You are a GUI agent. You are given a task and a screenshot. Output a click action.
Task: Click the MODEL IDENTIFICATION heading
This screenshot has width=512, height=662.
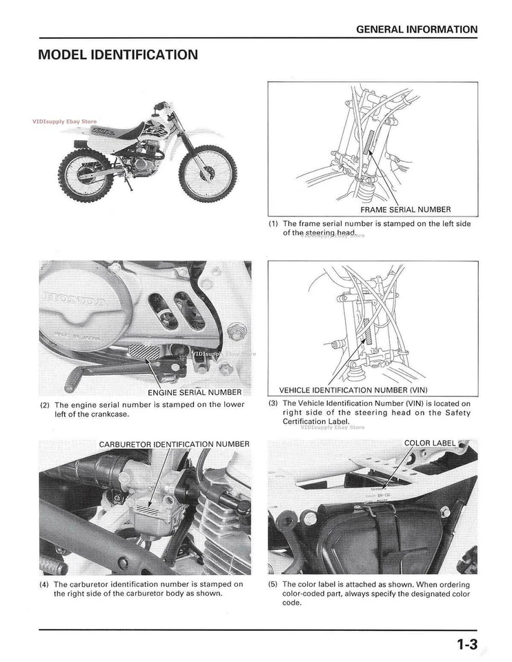pyautogui.click(x=118, y=54)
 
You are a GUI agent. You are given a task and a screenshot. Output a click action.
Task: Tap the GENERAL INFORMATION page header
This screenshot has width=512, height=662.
pyautogui.click(x=416, y=30)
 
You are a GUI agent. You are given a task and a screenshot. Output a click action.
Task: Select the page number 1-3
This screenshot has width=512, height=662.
pyautogui.click(x=466, y=645)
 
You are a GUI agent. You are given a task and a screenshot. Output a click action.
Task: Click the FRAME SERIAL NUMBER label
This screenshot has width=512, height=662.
pyautogui.click(x=405, y=209)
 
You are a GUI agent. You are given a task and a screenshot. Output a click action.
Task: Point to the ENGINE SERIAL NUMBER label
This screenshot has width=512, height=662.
pyautogui.click(x=195, y=392)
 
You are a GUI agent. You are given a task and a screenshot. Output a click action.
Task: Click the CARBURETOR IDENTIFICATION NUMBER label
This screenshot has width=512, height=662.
pyautogui.click(x=174, y=443)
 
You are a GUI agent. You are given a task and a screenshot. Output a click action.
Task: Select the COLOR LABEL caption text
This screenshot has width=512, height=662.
pyautogui.click(x=430, y=443)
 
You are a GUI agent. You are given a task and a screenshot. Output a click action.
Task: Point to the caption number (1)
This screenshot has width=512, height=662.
pyautogui.click(x=273, y=223)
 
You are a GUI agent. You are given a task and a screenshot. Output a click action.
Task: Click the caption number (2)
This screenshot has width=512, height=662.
pyautogui.click(x=45, y=405)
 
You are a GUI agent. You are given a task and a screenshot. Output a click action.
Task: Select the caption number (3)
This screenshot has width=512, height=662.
pyautogui.click(x=273, y=403)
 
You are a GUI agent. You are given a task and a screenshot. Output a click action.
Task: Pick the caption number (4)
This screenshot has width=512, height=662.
pyautogui.click(x=45, y=584)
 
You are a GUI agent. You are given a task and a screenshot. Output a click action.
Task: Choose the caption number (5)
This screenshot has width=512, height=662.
pyautogui.click(x=273, y=584)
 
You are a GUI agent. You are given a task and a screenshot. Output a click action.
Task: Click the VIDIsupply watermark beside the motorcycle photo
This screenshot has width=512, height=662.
pyautogui.click(x=64, y=121)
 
